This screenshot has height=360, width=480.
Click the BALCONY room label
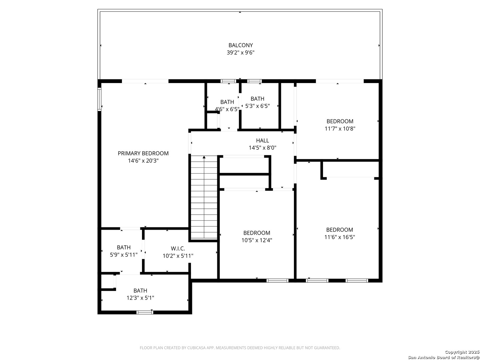[240, 45]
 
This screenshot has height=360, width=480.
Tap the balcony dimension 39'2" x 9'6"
[240, 53]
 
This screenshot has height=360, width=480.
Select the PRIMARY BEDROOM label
[143, 153]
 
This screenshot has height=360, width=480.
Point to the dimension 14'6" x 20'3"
[143, 161]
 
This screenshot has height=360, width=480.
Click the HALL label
[262, 141]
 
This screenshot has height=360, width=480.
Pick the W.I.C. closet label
[178, 249]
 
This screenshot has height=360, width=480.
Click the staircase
[204, 197]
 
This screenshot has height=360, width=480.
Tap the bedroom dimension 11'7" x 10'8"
[340, 129]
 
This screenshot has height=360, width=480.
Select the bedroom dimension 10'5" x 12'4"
[257, 240]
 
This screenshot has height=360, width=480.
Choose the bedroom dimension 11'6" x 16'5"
[339, 237]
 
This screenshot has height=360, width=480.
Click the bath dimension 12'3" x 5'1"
[140, 298]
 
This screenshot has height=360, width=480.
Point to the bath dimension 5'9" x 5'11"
[124, 255]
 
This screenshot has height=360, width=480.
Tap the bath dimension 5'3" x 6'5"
[257, 106]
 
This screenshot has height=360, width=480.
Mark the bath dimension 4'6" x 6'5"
[227, 109]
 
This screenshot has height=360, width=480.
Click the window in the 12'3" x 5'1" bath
[145, 312]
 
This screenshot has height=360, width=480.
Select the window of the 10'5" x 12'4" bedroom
[277, 281]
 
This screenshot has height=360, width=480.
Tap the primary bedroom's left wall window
[99, 99]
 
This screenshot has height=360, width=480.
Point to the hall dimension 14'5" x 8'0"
[262, 148]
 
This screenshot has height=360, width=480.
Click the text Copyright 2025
[462, 352]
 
